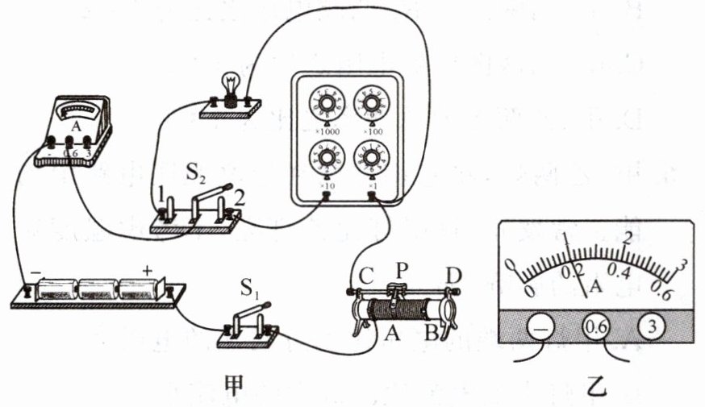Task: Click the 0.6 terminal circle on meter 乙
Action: point(595,327)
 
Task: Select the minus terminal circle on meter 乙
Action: point(540,327)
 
